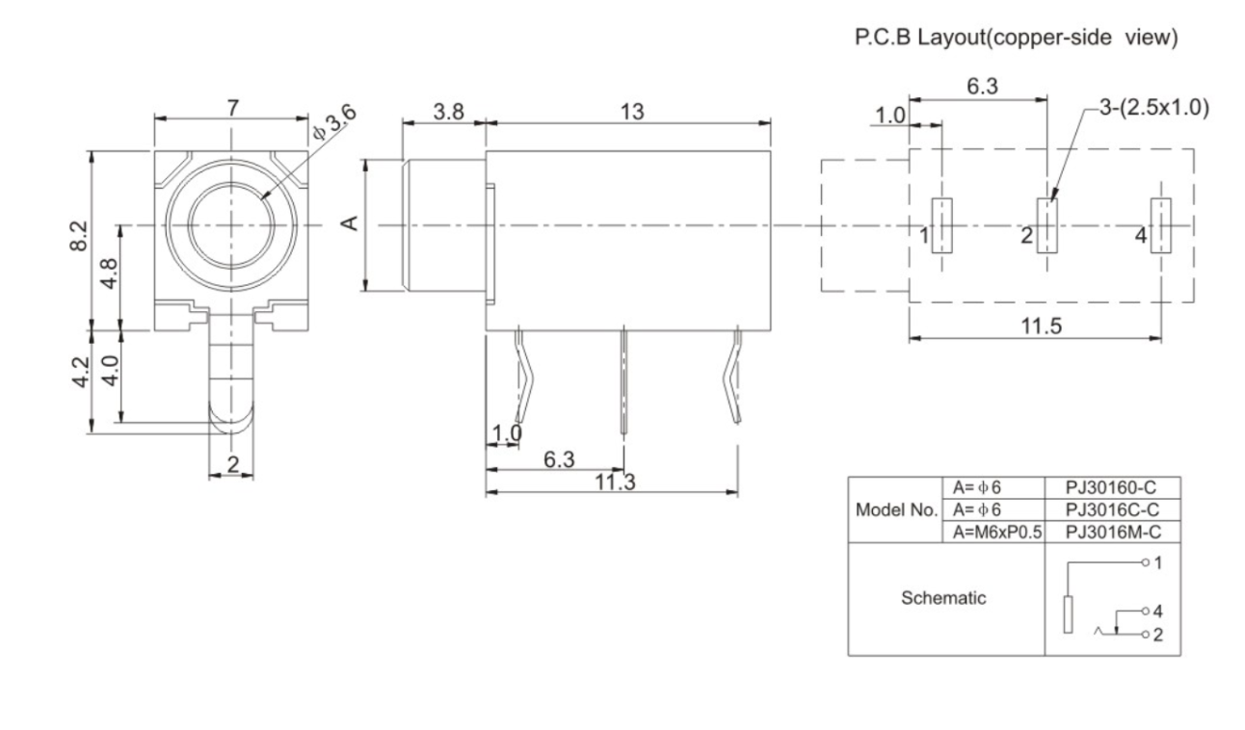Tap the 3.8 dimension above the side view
(448, 111)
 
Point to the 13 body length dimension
(631, 111)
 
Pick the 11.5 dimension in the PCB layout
(1041, 326)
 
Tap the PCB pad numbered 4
(1162, 225)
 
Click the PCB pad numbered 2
(1046, 225)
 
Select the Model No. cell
(893, 508)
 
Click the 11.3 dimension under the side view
(609, 482)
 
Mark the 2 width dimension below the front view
(232, 464)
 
